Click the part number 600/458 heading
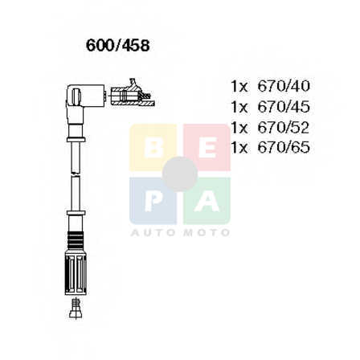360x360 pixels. pyautogui.click(x=117, y=46)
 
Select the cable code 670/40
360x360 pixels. pyautogui.click(x=284, y=86)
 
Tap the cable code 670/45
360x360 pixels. pyautogui.click(x=284, y=107)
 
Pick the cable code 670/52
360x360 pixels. pyautogui.click(x=284, y=127)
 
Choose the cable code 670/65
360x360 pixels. pyautogui.click(x=284, y=147)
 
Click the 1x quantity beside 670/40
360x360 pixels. pyautogui.click(x=239, y=87)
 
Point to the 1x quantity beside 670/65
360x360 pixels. pyautogui.click(x=239, y=148)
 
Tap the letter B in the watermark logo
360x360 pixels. pyautogui.click(x=153, y=148)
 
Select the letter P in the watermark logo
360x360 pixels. pyautogui.click(x=153, y=201)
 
